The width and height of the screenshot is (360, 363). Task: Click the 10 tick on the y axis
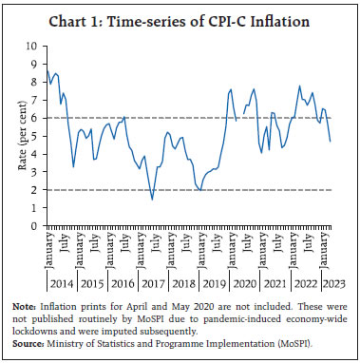(38, 45)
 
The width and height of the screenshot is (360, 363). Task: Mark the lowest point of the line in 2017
(152, 199)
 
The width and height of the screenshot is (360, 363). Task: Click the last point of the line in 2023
(330, 141)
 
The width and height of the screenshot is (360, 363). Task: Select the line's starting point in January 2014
(47, 67)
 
